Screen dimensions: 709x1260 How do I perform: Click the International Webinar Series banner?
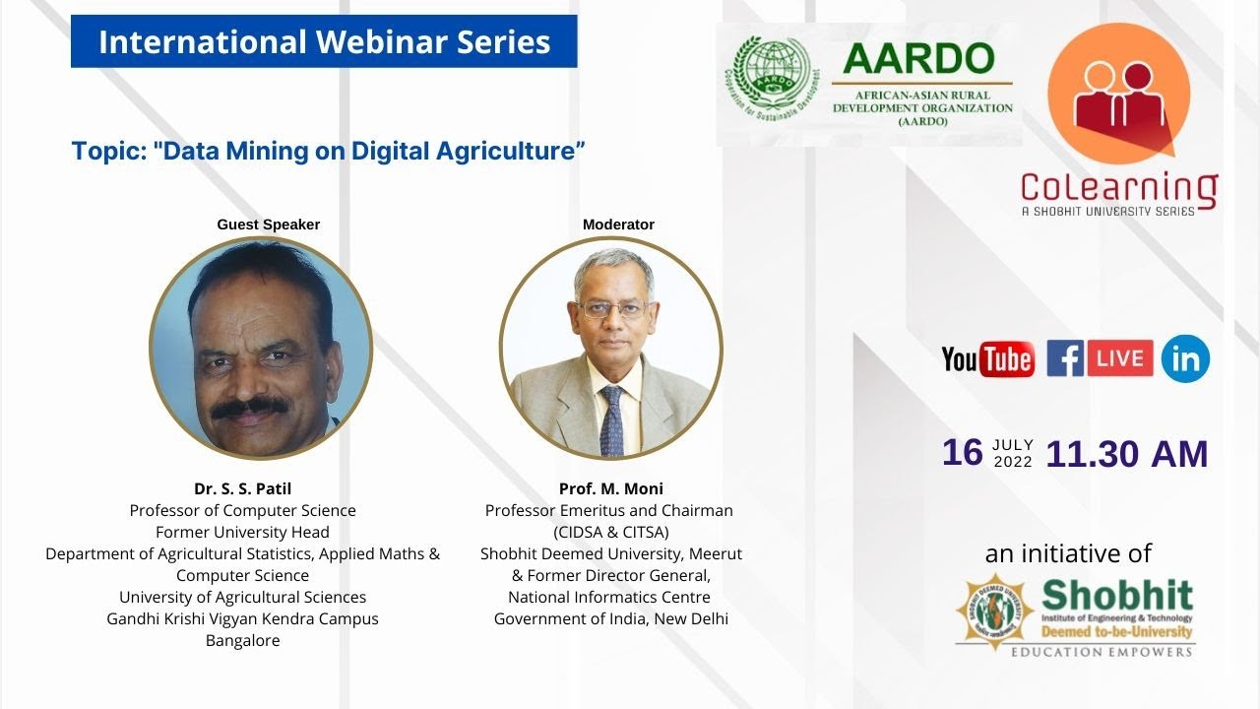click(x=324, y=41)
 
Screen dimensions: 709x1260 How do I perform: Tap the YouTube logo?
click(x=987, y=359)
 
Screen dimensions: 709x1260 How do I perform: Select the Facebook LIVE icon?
click(x=1100, y=358)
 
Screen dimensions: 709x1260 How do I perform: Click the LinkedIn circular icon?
click(x=1185, y=359)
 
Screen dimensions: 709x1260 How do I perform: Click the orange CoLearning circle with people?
click(x=1118, y=94)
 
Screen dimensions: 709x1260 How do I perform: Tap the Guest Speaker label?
click(x=268, y=225)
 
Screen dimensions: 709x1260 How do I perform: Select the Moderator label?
click(x=618, y=225)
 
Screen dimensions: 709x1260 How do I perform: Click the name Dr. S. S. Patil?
click(x=242, y=488)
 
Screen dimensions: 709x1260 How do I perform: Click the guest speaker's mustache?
click(x=250, y=406)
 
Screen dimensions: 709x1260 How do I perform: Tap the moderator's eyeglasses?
click(x=612, y=308)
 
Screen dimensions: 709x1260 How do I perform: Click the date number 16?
click(x=962, y=453)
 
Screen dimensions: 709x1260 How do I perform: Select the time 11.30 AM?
click(x=1126, y=454)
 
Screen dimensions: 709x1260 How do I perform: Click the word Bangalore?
click(x=242, y=640)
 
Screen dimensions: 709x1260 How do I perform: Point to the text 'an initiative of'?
click(x=1068, y=553)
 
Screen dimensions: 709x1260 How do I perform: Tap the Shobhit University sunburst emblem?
click(x=994, y=612)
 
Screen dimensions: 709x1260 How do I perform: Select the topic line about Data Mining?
click(x=329, y=152)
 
